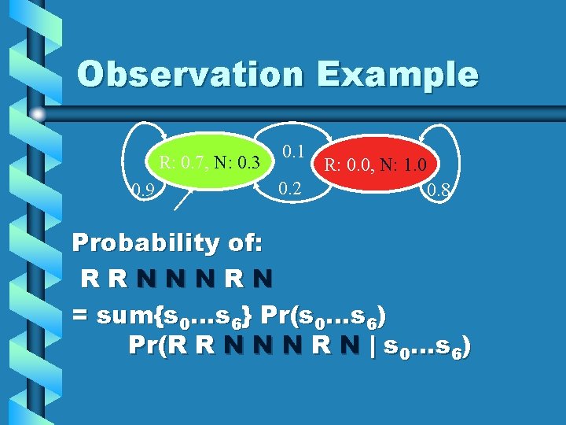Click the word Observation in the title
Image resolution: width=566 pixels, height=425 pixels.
pos(189,74)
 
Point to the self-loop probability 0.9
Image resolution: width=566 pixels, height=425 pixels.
pos(141,190)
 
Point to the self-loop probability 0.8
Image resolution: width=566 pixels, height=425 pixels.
pos(437,190)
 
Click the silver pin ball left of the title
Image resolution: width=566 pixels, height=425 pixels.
pos(38,115)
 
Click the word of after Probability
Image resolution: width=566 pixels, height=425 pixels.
pos(239,242)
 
